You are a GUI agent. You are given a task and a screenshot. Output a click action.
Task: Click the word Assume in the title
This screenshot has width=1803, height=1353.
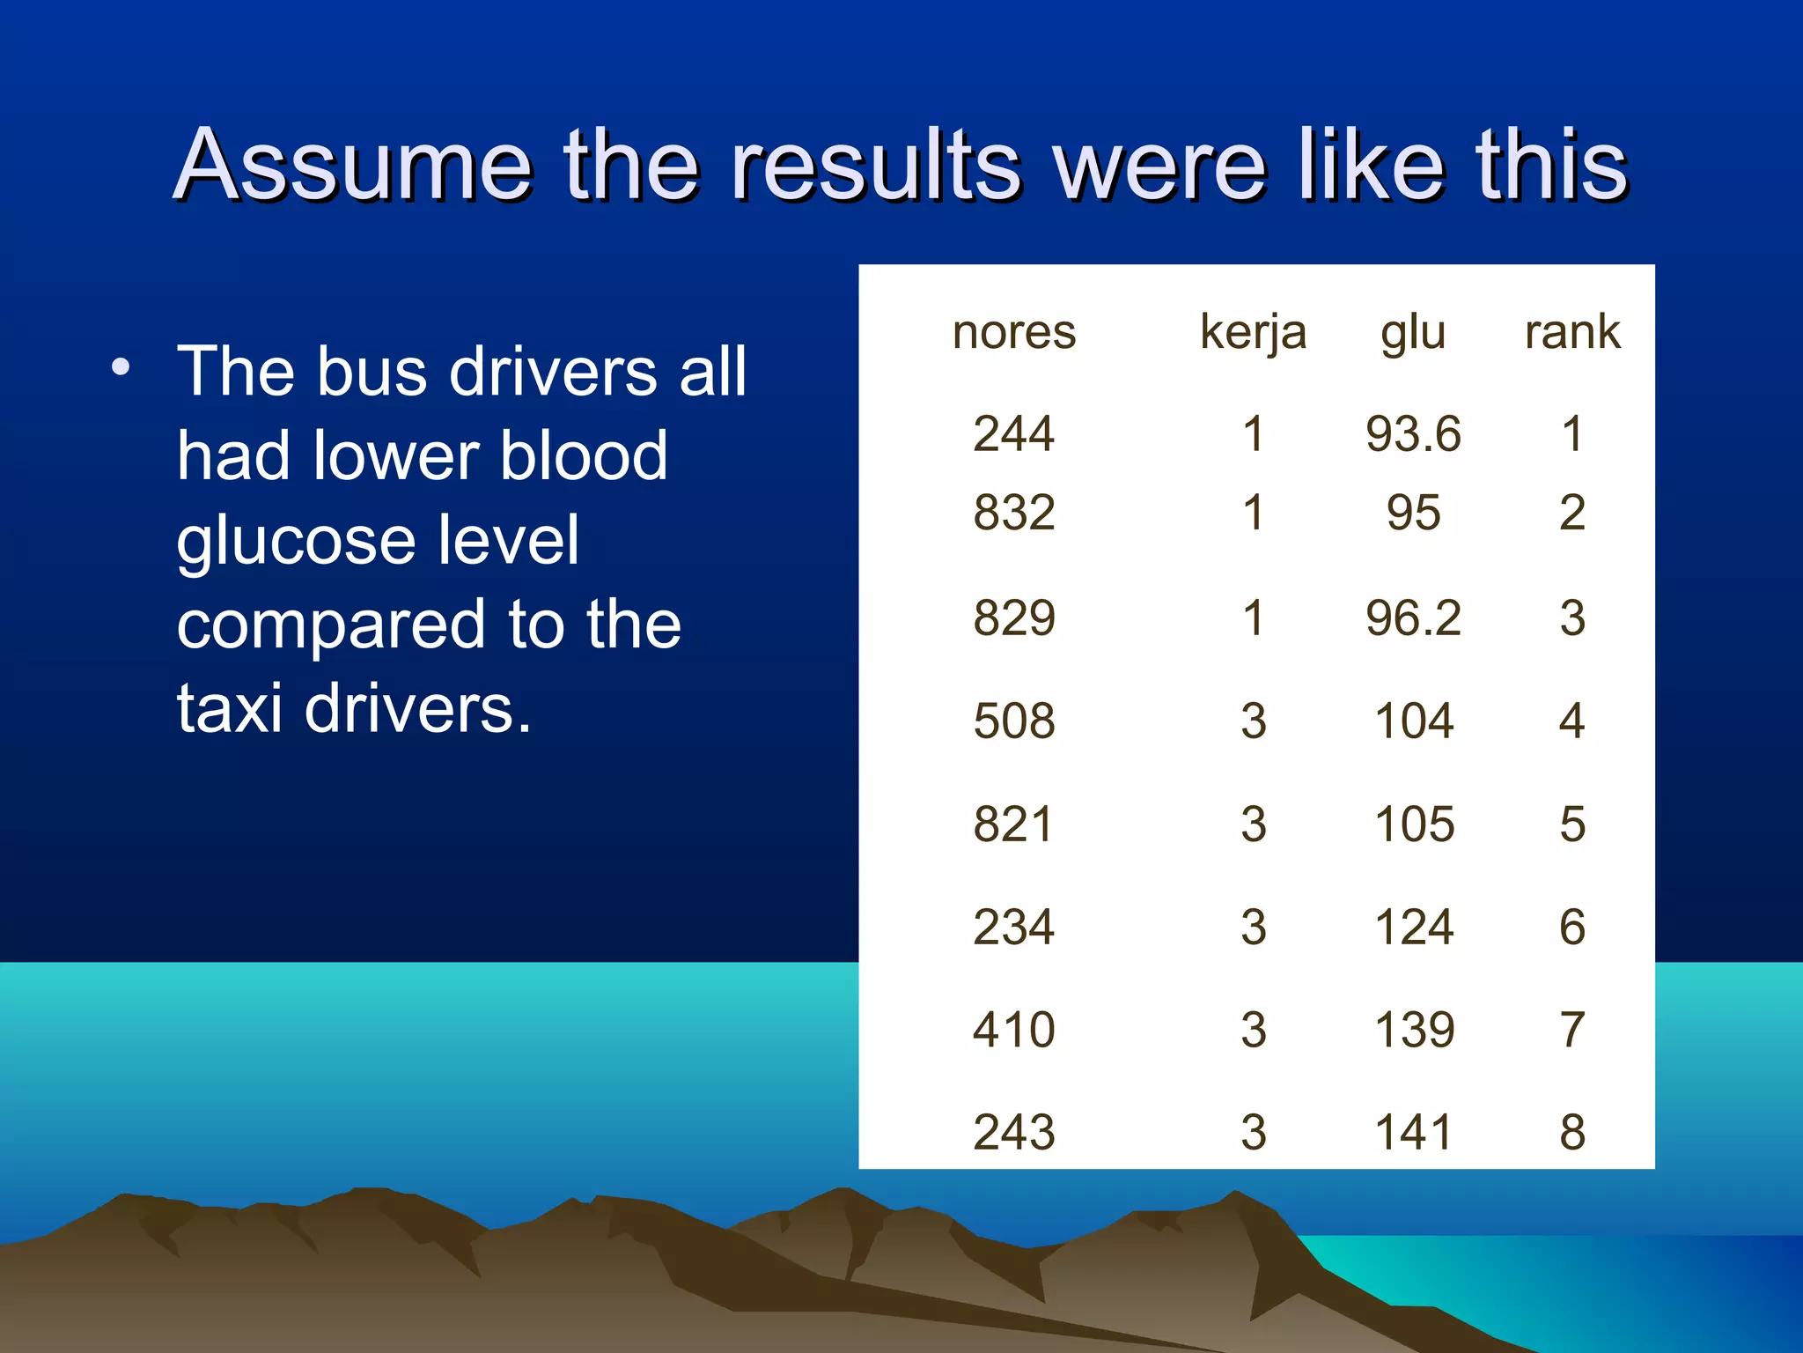coord(352,165)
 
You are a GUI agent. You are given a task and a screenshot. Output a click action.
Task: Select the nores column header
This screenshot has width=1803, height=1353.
coord(1013,332)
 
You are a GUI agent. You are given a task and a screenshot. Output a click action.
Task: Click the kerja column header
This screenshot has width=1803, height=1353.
coord(1253,332)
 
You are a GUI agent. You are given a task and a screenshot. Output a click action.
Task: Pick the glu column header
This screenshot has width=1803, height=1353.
coord(1413,332)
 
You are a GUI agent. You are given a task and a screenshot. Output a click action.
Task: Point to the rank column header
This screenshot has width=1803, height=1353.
coord(1572,332)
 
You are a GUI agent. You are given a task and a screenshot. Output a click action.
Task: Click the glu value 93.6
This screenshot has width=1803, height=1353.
coord(1413,434)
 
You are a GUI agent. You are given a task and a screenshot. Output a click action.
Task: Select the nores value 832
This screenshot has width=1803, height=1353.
coord(1013,513)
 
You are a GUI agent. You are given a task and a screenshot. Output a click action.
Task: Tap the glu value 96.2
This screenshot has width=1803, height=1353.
coord(1413,617)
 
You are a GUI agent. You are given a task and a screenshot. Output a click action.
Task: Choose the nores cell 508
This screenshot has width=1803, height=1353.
coord(1013,721)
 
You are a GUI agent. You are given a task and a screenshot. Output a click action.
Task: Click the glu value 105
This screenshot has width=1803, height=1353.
coord(1413,824)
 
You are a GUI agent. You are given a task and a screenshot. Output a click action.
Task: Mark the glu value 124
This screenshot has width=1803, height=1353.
coord(1413,927)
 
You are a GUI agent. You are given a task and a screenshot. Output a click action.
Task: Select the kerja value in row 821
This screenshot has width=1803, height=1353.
coord(1253,824)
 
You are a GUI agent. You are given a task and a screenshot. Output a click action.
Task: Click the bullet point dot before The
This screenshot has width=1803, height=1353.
coord(121,367)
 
